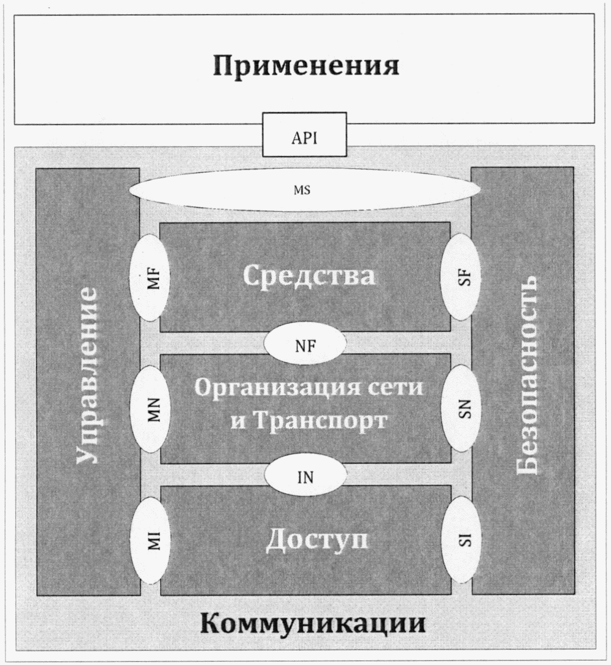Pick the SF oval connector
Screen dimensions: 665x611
[x=462, y=276]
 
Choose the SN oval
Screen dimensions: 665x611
[x=462, y=408]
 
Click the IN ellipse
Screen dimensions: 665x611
[x=305, y=476]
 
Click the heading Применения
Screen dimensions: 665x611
[x=306, y=67]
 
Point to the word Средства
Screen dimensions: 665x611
[x=309, y=276]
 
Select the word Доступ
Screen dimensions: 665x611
[x=317, y=540]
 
